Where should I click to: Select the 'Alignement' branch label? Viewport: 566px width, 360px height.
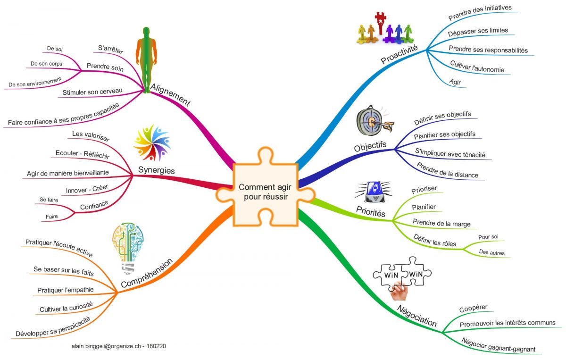[170, 95]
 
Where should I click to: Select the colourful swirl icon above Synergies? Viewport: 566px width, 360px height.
[151, 142]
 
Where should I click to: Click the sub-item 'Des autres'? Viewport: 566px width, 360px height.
[491, 253]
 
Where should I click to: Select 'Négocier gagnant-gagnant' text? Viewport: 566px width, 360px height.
[499, 345]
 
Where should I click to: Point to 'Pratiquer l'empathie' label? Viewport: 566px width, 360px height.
[65, 289]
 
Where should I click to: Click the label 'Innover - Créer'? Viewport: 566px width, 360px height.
[87, 189]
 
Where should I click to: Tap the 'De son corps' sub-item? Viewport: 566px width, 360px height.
[46, 63]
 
